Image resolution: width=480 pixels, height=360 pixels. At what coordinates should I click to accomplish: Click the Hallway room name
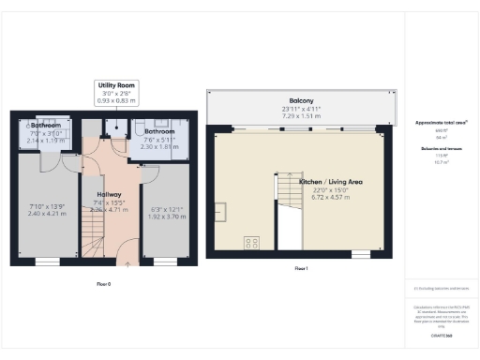(x=111, y=195)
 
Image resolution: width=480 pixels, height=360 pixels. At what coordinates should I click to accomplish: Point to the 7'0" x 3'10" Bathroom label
(x=46, y=125)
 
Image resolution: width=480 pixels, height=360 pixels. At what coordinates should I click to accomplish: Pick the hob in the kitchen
(x=250, y=243)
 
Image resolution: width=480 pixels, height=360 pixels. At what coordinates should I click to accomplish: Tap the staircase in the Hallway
(x=95, y=244)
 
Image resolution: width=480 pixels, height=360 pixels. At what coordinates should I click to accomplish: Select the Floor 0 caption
(x=103, y=282)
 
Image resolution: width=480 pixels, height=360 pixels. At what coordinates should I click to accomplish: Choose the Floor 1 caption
(x=301, y=268)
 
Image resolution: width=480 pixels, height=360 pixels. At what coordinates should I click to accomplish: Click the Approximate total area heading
(x=440, y=123)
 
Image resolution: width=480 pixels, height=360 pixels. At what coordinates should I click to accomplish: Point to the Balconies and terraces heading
(x=440, y=148)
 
